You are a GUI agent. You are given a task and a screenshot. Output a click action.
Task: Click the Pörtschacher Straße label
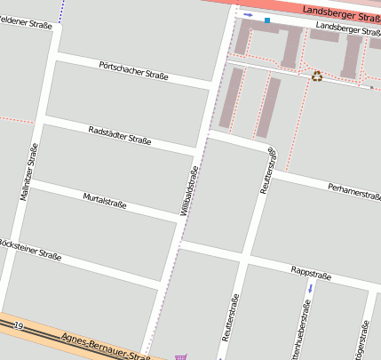pos(134,69)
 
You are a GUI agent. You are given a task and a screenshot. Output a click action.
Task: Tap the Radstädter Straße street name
pos(121,134)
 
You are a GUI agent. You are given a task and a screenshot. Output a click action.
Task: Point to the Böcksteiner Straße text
pos(28,249)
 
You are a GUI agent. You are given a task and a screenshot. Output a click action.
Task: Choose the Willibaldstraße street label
pos(190,189)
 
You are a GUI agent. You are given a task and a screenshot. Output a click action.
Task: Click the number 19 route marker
pos(19,327)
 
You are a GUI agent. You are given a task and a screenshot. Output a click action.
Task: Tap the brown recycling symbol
pos(317,76)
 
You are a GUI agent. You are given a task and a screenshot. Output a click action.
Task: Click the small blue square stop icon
pos(266,20)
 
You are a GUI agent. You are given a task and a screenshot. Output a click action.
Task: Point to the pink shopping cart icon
pos(181,356)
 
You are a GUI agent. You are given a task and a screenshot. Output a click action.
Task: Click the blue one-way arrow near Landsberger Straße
pos(248,15)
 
